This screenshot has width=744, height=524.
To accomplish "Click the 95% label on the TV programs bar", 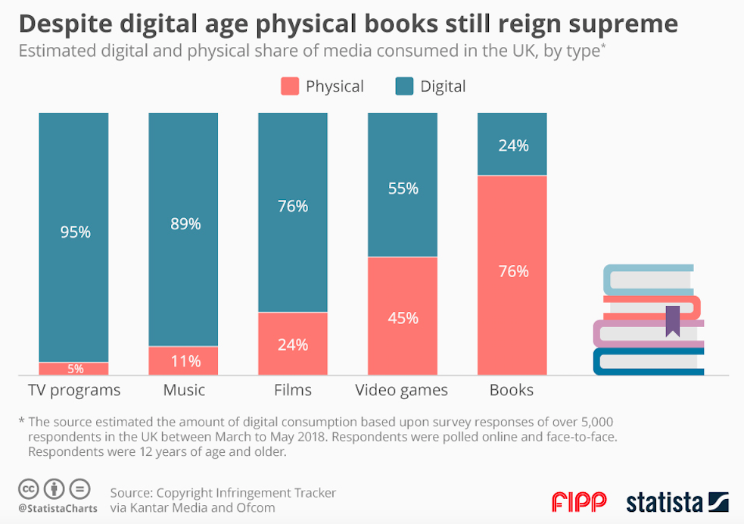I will click(x=75, y=232).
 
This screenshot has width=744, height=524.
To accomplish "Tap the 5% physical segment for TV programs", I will click(x=74, y=369).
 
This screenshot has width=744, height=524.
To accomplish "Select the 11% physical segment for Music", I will click(x=184, y=361).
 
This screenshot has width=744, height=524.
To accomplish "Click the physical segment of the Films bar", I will click(x=293, y=344).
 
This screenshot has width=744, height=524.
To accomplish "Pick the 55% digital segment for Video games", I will click(x=403, y=189).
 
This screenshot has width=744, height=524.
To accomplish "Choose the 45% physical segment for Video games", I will click(x=403, y=317).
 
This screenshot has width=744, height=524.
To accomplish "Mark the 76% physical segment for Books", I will click(x=512, y=271).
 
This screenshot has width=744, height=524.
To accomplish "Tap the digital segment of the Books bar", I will click(x=512, y=145).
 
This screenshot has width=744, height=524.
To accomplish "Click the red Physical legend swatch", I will click(x=290, y=86).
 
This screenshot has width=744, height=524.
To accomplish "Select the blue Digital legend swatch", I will click(x=405, y=86).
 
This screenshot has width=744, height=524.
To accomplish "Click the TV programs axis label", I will click(x=74, y=391).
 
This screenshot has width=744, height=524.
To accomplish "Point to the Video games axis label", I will click(x=402, y=391).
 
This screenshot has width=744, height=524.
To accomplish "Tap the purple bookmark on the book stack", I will click(x=672, y=321).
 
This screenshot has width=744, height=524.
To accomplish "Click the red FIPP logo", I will click(x=579, y=501).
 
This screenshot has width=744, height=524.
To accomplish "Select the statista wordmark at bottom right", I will click(x=665, y=501).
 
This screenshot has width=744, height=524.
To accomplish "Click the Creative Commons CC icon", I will click(x=29, y=488).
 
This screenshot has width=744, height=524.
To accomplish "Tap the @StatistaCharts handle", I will click(x=58, y=509).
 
